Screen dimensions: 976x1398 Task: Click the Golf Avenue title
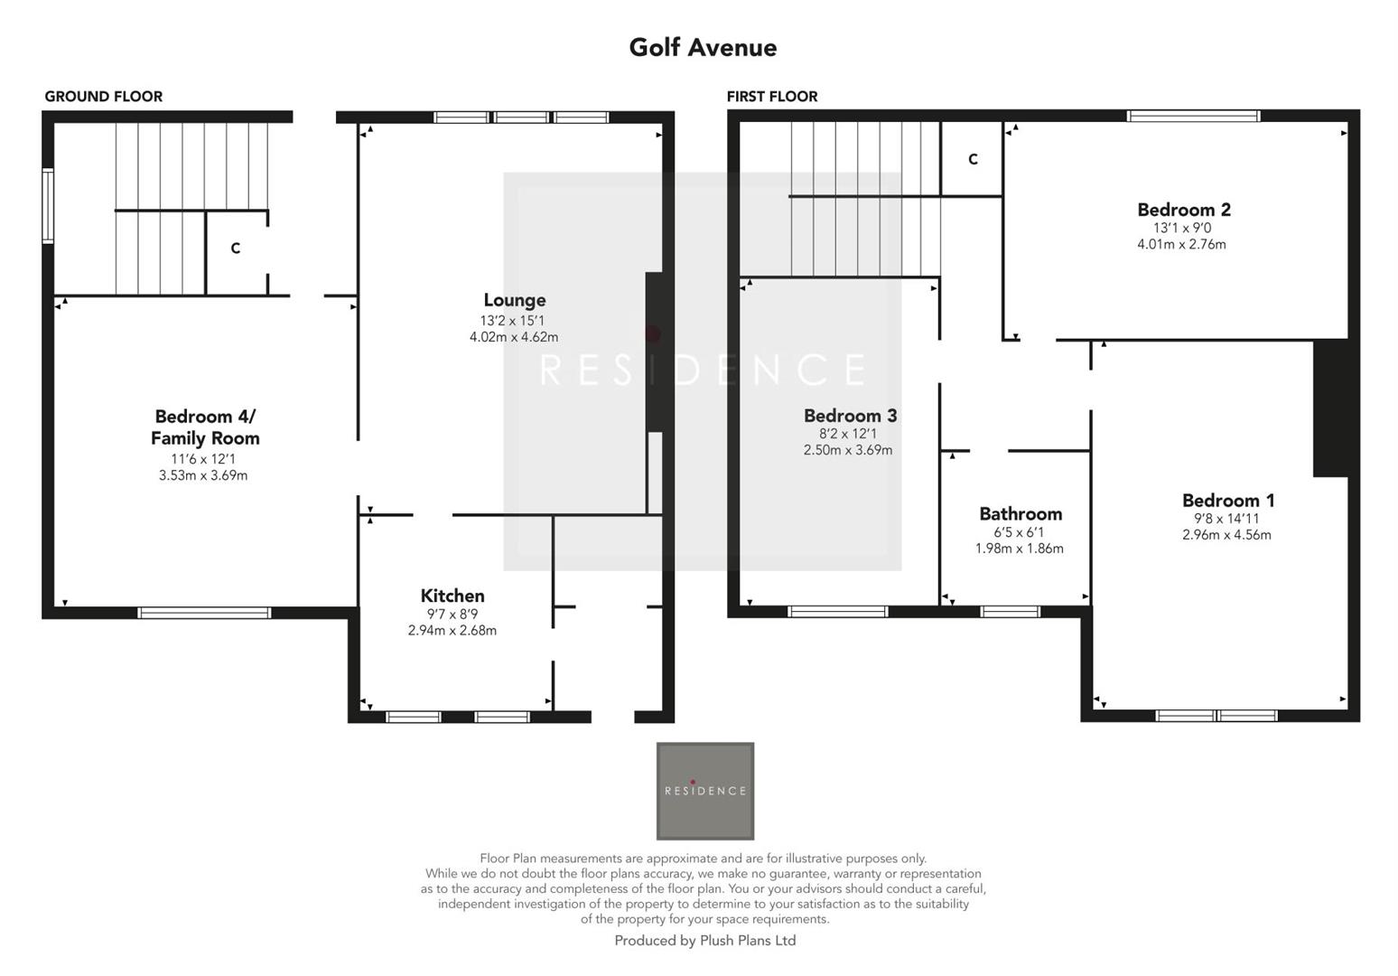click(x=703, y=47)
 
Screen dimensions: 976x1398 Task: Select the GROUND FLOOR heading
click(x=104, y=97)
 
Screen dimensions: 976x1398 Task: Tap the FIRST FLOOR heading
click(x=772, y=97)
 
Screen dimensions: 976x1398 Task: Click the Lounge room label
click(x=514, y=300)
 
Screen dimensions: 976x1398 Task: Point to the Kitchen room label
click(x=452, y=596)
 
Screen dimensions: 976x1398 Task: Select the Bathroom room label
click(x=1021, y=513)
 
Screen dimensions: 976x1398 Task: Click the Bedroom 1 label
click(x=1228, y=500)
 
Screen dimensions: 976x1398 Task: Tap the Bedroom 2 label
click(x=1183, y=210)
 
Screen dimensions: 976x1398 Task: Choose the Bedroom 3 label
click(x=850, y=416)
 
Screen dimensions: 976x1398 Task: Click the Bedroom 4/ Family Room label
click(x=205, y=427)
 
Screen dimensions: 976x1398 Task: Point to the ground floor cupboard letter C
click(x=236, y=249)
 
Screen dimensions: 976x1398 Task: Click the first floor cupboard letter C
click(x=973, y=159)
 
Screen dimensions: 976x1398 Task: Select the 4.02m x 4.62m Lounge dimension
click(x=514, y=337)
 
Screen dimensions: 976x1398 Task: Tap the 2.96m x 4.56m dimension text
click(x=1226, y=535)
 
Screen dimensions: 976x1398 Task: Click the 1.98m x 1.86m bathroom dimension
click(x=1019, y=549)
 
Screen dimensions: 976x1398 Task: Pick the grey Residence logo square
click(x=704, y=791)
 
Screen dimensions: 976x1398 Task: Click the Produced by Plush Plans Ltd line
click(x=704, y=941)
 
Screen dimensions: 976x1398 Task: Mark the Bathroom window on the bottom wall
click(x=1010, y=612)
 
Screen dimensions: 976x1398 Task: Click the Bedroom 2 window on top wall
click(x=1193, y=116)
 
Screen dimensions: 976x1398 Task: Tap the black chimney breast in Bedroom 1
click(x=1329, y=408)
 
